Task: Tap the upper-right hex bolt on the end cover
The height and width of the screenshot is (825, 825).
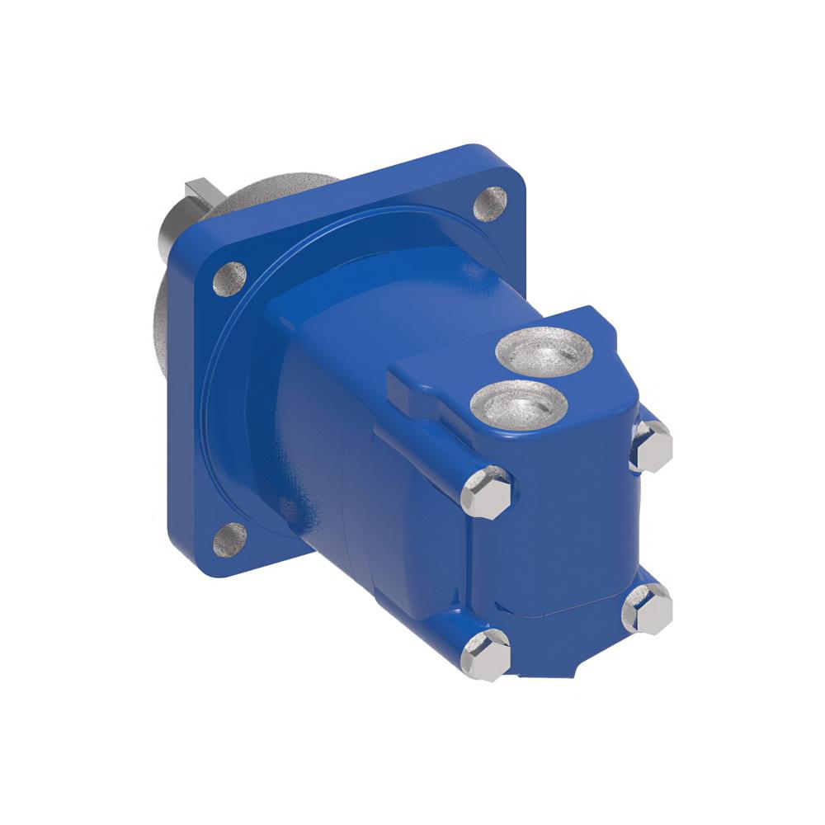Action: [x=652, y=445]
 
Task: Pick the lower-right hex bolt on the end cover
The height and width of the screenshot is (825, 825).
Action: [x=648, y=609]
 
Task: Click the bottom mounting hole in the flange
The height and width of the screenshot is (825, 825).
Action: [x=230, y=540]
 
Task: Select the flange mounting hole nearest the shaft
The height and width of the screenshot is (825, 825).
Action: [x=230, y=279]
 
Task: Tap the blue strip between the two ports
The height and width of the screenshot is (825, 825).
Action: [x=532, y=379]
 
